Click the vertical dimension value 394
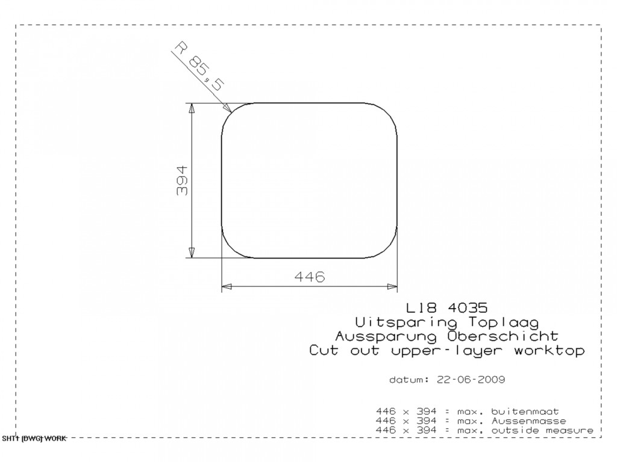coord(182,180)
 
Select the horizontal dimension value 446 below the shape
coord(310,277)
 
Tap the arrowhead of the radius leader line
coord(227,108)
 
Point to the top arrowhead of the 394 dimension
coord(192,108)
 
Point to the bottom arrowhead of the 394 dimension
coord(192,253)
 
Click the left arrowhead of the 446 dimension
coord(227,286)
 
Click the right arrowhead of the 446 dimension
coord(392,286)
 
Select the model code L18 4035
coord(446,307)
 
